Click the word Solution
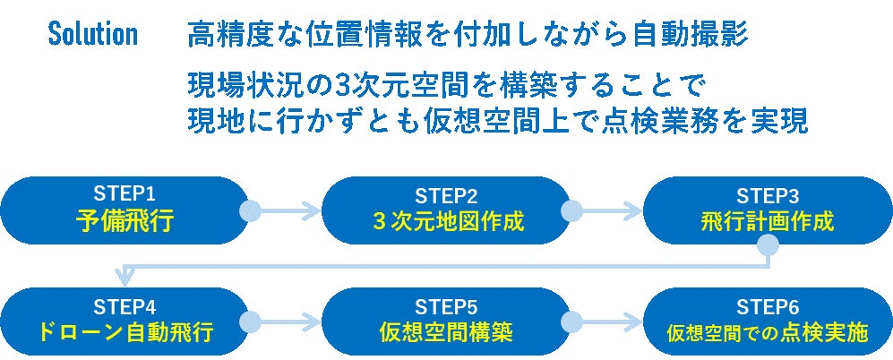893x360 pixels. [x=93, y=35]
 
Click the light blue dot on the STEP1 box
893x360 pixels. [x=251, y=211]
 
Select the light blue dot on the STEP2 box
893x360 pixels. [x=571, y=211]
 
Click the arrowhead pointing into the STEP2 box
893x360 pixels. [x=313, y=212]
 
